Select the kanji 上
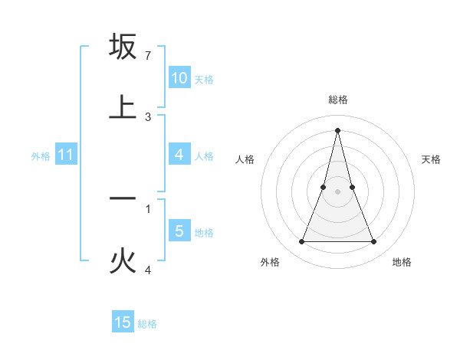(x=123, y=106)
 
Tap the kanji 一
(x=123, y=198)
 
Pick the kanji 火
(x=123, y=261)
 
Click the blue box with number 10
(x=179, y=78)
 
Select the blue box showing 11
(x=66, y=155)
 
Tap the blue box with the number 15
(x=123, y=322)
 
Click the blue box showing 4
(x=179, y=155)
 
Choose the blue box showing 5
(x=179, y=231)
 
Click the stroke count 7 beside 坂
(x=148, y=56)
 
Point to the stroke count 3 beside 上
(x=148, y=117)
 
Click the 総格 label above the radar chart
(x=338, y=100)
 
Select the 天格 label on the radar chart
(x=432, y=159)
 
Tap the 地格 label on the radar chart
(x=402, y=262)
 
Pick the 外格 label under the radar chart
(x=270, y=262)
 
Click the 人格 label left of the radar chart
(x=245, y=159)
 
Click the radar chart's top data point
(x=338, y=130)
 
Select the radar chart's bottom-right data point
(x=374, y=242)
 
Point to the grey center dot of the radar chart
(x=338, y=191)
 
